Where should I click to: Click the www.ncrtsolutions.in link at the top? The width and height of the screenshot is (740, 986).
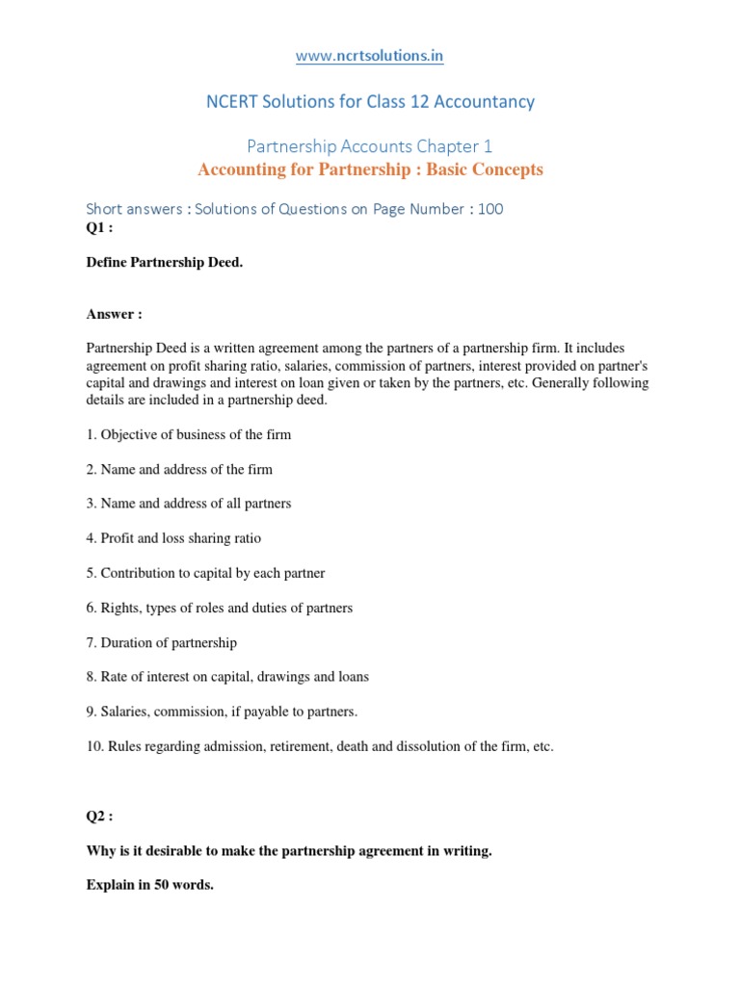click(370, 56)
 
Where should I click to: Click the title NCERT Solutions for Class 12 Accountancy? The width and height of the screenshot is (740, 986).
click(370, 101)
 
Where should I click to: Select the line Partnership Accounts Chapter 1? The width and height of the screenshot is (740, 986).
click(370, 146)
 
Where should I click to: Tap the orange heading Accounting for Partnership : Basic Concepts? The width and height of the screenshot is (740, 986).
click(370, 169)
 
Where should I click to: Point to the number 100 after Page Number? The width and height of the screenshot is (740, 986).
click(489, 209)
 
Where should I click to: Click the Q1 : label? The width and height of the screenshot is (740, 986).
click(100, 227)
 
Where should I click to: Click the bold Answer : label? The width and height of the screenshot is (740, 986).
click(114, 313)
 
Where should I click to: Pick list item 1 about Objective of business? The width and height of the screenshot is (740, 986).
click(189, 434)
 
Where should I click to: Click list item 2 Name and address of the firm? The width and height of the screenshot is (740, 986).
click(179, 469)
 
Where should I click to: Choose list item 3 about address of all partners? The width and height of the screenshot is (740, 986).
click(189, 504)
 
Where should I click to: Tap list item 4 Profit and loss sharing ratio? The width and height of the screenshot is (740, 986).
click(173, 538)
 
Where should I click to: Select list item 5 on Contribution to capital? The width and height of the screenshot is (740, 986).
click(205, 573)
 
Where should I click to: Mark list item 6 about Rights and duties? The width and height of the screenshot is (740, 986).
click(220, 608)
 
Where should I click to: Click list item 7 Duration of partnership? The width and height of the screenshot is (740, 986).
click(162, 642)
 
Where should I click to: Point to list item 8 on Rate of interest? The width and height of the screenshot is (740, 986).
click(227, 677)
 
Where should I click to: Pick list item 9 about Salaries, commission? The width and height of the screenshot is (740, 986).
click(222, 712)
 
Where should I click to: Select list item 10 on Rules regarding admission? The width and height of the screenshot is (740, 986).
click(320, 746)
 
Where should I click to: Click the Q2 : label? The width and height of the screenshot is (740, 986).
click(100, 816)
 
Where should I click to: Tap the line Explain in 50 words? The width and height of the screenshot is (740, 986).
click(150, 885)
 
